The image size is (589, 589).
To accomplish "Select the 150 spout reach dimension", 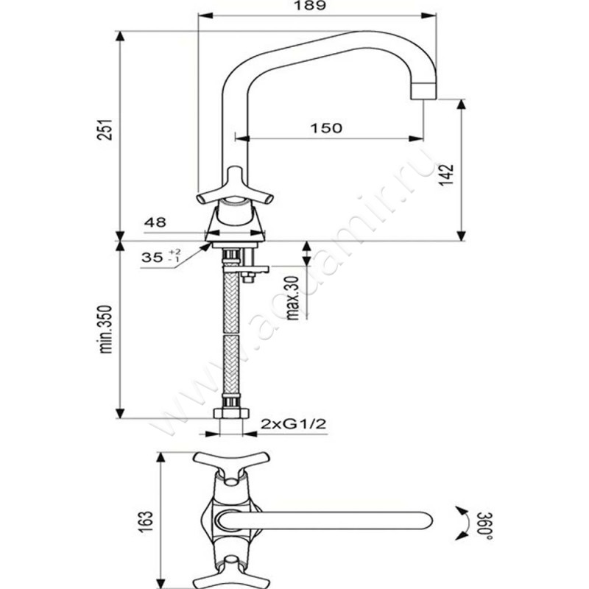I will [326, 128].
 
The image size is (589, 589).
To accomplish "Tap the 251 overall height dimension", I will [107, 132].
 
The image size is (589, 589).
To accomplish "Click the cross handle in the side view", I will [235, 188].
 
